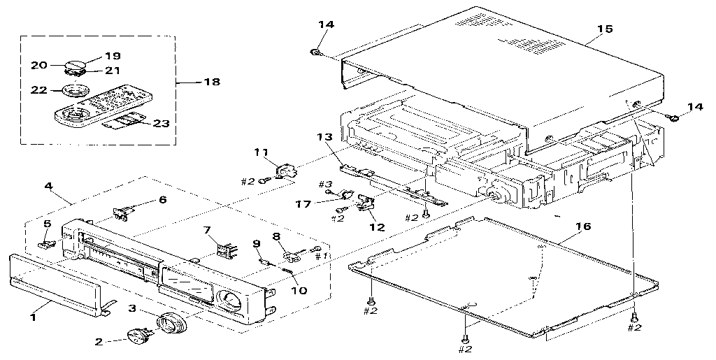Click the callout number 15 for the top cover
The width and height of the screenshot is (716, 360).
click(605, 29)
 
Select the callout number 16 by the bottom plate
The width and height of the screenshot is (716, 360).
click(583, 226)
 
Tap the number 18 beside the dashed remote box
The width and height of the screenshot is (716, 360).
click(210, 82)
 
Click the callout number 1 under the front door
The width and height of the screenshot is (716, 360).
click(31, 317)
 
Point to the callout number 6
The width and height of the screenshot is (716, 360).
click(162, 199)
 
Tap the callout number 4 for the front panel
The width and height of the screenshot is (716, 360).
click(48, 187)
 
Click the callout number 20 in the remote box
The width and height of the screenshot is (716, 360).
click(38, 65)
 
